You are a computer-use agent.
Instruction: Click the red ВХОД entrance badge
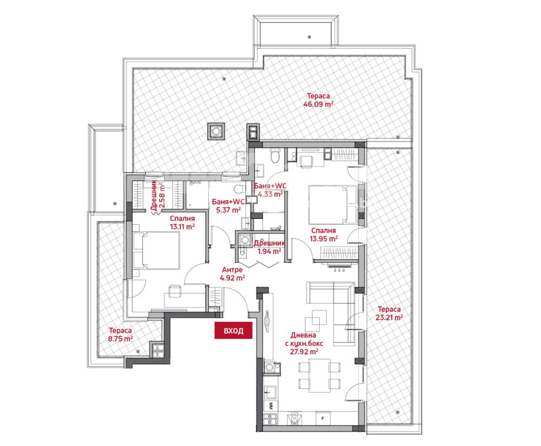click(234, 330)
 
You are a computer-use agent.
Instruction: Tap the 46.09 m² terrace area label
click(318, 100)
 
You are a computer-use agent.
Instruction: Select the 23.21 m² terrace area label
click(389, 314)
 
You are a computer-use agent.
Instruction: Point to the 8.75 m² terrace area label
click(120, 334)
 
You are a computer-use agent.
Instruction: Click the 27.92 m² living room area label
click(304, 343)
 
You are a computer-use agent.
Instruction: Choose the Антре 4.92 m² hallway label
click(232, 274)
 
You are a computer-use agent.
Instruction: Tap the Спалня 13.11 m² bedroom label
click(182, 223)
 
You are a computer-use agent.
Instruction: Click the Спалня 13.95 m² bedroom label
click(324, 235)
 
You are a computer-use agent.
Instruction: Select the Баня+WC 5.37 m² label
click(228, 205)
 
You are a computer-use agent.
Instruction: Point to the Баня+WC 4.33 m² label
click(270, 190)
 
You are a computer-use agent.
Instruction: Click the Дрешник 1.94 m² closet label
click(269, 247)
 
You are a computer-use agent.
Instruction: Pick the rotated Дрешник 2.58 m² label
click(157, 195)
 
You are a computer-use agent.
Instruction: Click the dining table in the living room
click(320, 375)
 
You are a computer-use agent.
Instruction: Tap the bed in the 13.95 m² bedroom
click(333, 205)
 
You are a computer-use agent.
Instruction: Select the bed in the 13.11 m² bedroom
click(156, 251)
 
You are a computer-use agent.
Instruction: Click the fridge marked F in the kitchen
click(323, 418)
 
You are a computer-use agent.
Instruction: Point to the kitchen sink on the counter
click(270, 392)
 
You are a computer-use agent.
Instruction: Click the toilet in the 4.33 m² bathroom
click(275, 156)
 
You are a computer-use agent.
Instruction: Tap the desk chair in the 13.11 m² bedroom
click(175, 290)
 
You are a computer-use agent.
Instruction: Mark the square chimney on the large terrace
click(216, 131)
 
